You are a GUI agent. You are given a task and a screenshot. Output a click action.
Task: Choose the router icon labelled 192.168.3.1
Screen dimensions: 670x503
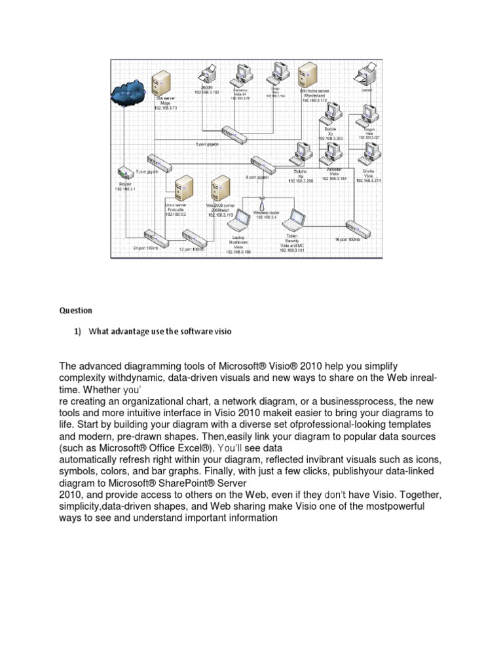point(124,174)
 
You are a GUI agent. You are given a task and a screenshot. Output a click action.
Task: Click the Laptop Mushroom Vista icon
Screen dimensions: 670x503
point(240,222)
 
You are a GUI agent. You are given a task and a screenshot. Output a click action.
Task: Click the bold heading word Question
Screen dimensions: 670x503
point(77,310)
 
